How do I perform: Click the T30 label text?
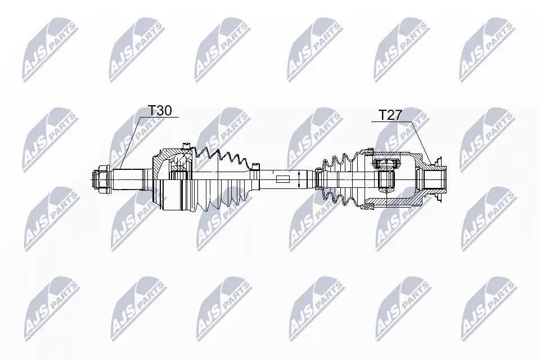[x=160, y=111]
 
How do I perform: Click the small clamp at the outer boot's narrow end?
[x=256, y=166]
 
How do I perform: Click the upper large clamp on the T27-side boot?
[x=369, y=151]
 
